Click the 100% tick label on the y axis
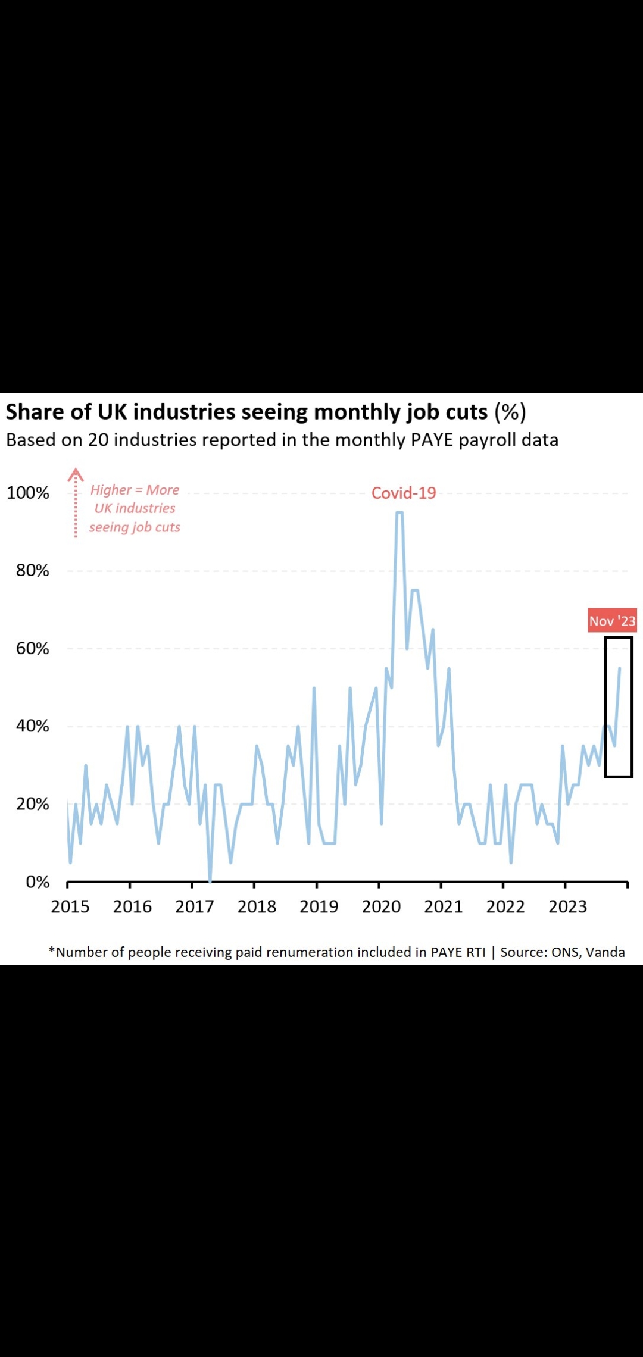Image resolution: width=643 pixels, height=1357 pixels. [27, 493]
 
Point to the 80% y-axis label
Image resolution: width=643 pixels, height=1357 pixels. [32, 570]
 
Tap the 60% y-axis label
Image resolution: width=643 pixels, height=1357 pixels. [32, 648]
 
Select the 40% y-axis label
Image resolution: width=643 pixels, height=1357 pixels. [32, 726]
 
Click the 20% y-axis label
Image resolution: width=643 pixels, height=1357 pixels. [32, 804]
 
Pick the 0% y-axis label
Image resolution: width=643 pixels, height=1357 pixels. [37, 882]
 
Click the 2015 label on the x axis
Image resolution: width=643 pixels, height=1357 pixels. [70, 906]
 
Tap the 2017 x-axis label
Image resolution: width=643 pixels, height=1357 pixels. [195, 906]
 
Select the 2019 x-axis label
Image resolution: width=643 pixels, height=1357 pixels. [319, 906]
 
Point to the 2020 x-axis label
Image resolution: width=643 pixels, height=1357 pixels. [381, 906]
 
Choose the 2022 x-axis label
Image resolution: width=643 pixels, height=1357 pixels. [505, 906]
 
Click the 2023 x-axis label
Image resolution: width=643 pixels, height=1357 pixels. [567, 906]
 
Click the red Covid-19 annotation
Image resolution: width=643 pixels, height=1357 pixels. [404, 493]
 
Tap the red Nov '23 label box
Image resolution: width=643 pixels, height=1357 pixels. [612, 621]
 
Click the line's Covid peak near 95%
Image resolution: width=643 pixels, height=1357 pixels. [399, 512]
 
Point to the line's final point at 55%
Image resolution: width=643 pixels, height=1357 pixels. [620, 668]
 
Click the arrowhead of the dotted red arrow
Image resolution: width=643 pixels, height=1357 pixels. [76, 474]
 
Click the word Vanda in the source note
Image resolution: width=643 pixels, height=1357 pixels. [605, 952]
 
